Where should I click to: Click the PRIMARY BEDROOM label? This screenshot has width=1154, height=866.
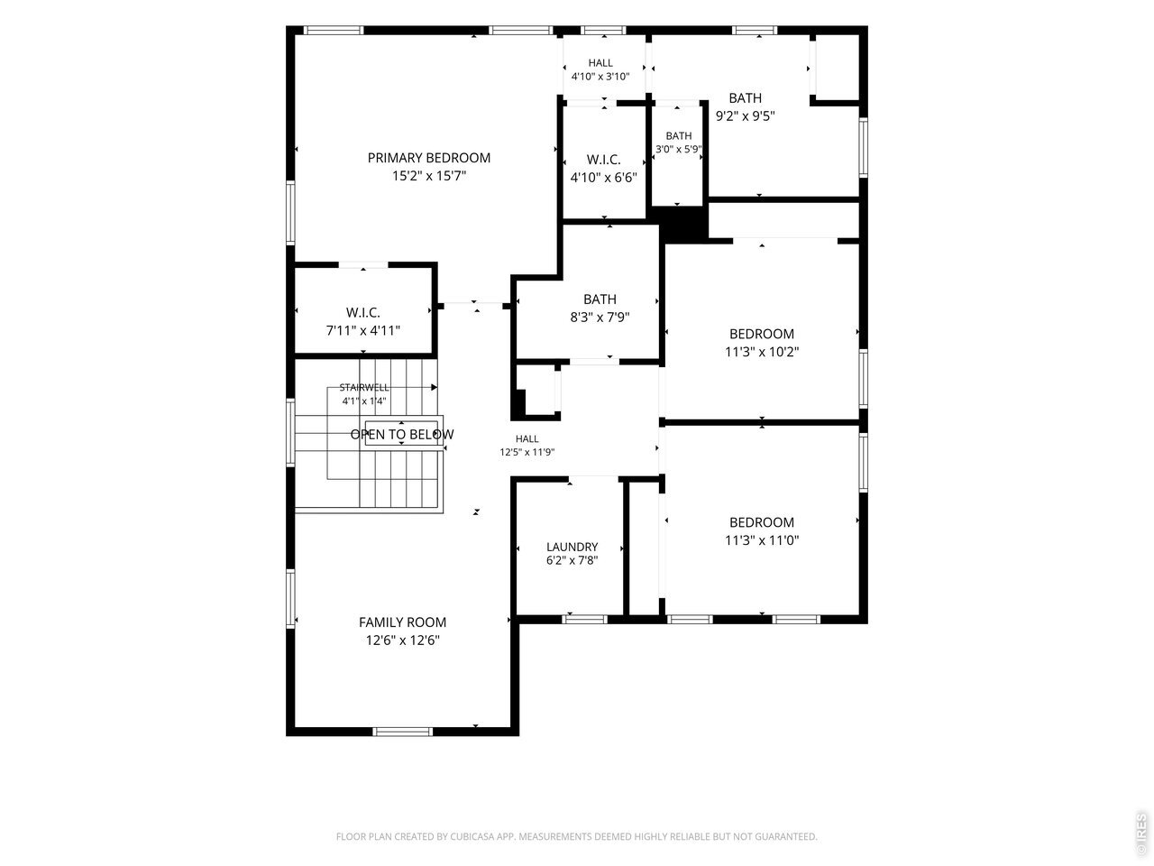[x=428, y=158]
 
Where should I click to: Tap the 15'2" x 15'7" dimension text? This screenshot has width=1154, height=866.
[x=429, y=176]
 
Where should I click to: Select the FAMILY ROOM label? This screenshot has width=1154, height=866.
[x=402, y=622]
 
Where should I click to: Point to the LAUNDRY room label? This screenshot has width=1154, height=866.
[x=572, y=547]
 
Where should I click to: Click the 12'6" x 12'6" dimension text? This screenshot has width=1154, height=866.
[x=403, y=640]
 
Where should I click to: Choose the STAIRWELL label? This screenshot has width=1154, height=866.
[x=364, y=388]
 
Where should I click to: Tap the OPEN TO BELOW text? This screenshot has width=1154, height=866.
[x=402, y=434]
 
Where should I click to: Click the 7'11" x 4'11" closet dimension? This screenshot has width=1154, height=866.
[x=363, y=330]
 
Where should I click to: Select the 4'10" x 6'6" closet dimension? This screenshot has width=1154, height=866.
[x=603, y=178]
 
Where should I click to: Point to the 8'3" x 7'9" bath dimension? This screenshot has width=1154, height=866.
[x=600, y=317]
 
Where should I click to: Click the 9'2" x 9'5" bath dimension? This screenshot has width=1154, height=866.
[x=746, y=115]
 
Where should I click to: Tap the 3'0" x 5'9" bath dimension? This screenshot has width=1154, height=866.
[x=678, y=150]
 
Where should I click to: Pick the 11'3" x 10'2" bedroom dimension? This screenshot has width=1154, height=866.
[x=762, y=352]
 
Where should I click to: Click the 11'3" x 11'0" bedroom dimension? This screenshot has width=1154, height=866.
[x=762, y=540]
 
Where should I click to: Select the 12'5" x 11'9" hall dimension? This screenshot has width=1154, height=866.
[x=527, y=452]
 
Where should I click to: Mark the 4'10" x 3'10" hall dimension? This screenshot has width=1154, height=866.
[x=600, y=77]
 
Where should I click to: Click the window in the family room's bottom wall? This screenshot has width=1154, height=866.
[x=403, y=732]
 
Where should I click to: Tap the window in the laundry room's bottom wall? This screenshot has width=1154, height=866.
[x=584, y=620]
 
